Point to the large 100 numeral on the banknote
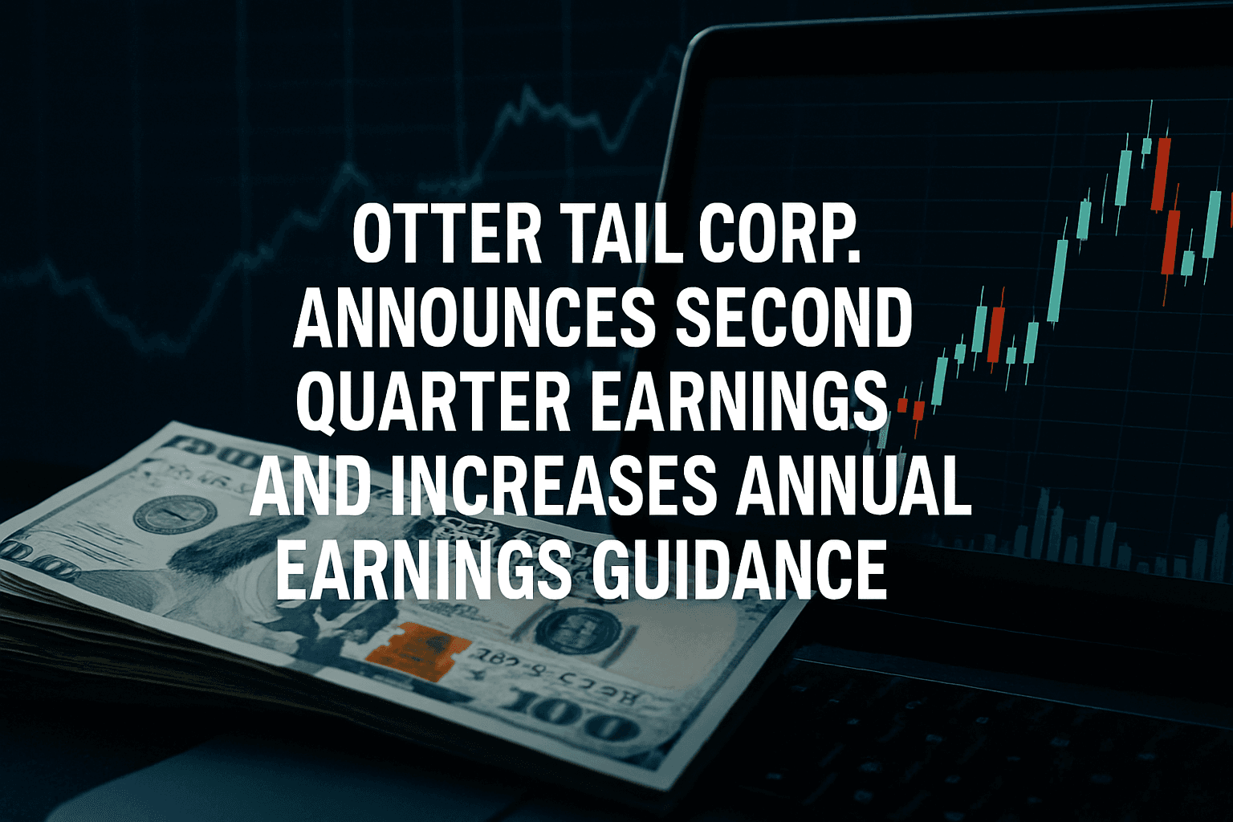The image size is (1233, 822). coord(574,718)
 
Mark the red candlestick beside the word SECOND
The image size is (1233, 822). coord(996,333)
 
